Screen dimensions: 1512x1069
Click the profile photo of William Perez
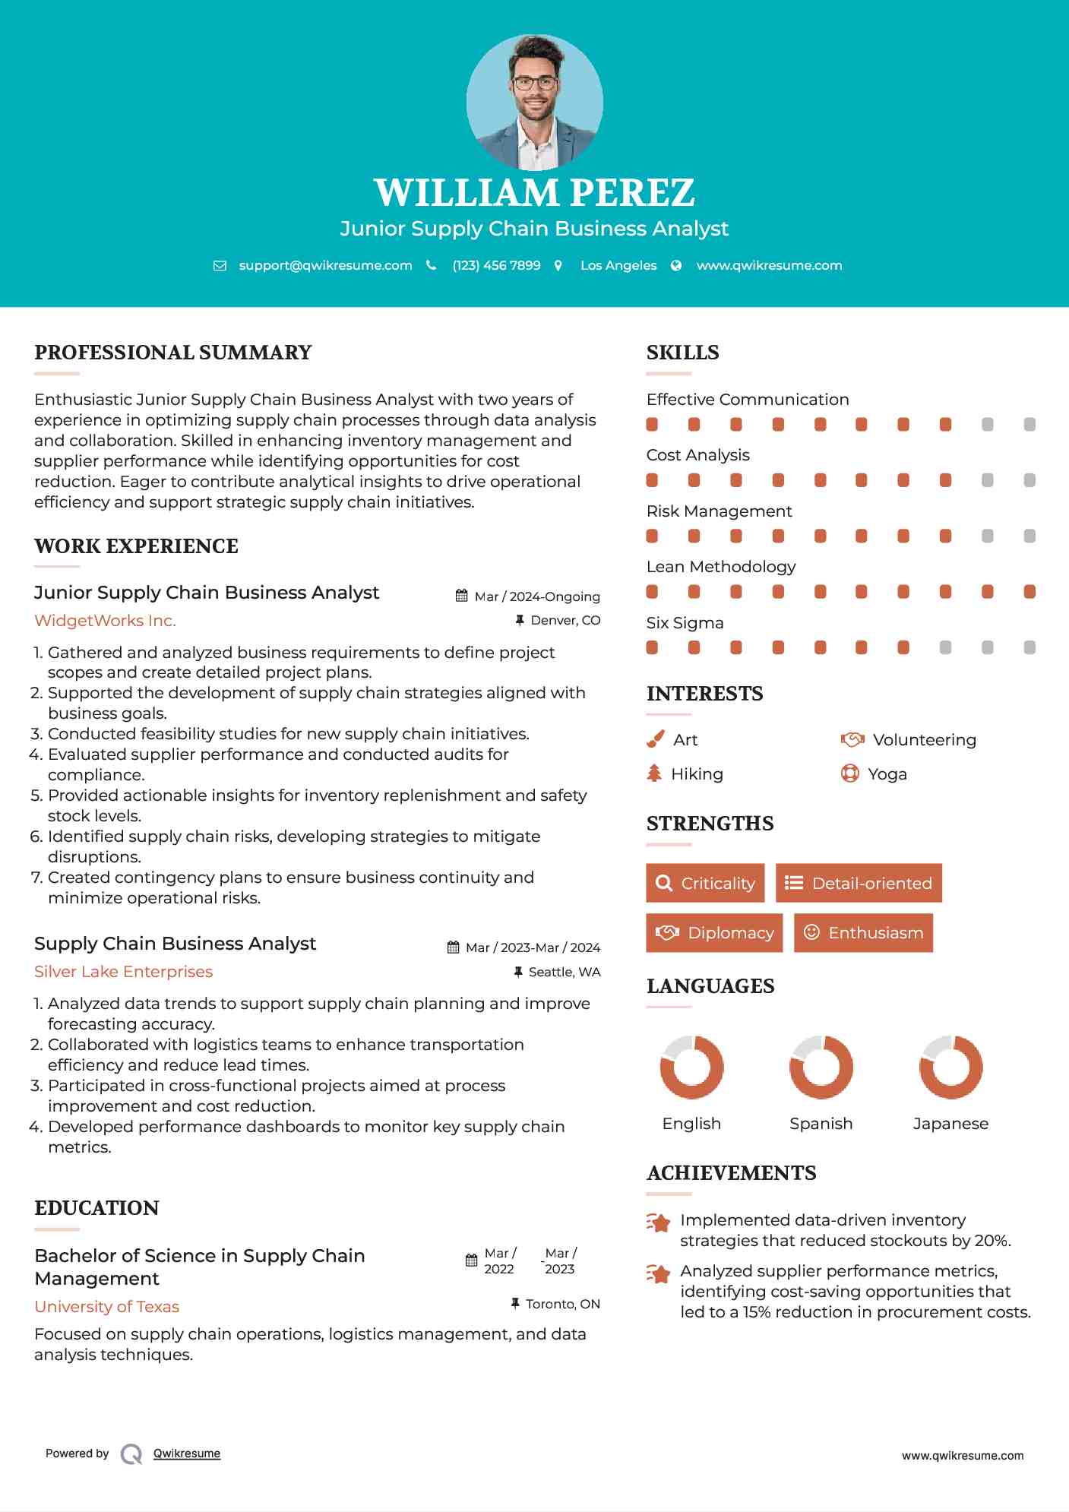pos(534,102)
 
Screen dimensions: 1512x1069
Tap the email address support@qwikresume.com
pos(325,265)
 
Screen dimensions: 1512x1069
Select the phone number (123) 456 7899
pos(496,265)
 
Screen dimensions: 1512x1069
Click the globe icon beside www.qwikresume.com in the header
pos(676,265)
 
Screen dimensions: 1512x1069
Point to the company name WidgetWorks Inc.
pos(105,621)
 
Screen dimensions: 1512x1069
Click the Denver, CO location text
pos(565,621)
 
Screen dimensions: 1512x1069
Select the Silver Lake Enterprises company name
pos(123,972)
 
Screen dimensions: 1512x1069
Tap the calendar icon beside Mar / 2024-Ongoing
pos(461,596)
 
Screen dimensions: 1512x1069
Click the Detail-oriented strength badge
pos(859,883)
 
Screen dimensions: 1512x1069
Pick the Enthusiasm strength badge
pos(863,933)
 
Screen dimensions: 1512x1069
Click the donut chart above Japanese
pos(950,1067)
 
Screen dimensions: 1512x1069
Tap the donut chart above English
pos(691,1067)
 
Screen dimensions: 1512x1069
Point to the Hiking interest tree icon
pos(654,773)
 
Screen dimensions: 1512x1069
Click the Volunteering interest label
pos(924,740)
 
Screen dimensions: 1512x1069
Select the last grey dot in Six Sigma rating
pos(1029,647)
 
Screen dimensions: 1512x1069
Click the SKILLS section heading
pos(682,353)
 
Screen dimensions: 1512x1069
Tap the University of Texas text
pos(107,1307)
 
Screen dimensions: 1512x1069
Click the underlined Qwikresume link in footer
pos(187,1453)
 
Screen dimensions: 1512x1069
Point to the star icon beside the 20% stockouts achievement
pos(658,1223)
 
